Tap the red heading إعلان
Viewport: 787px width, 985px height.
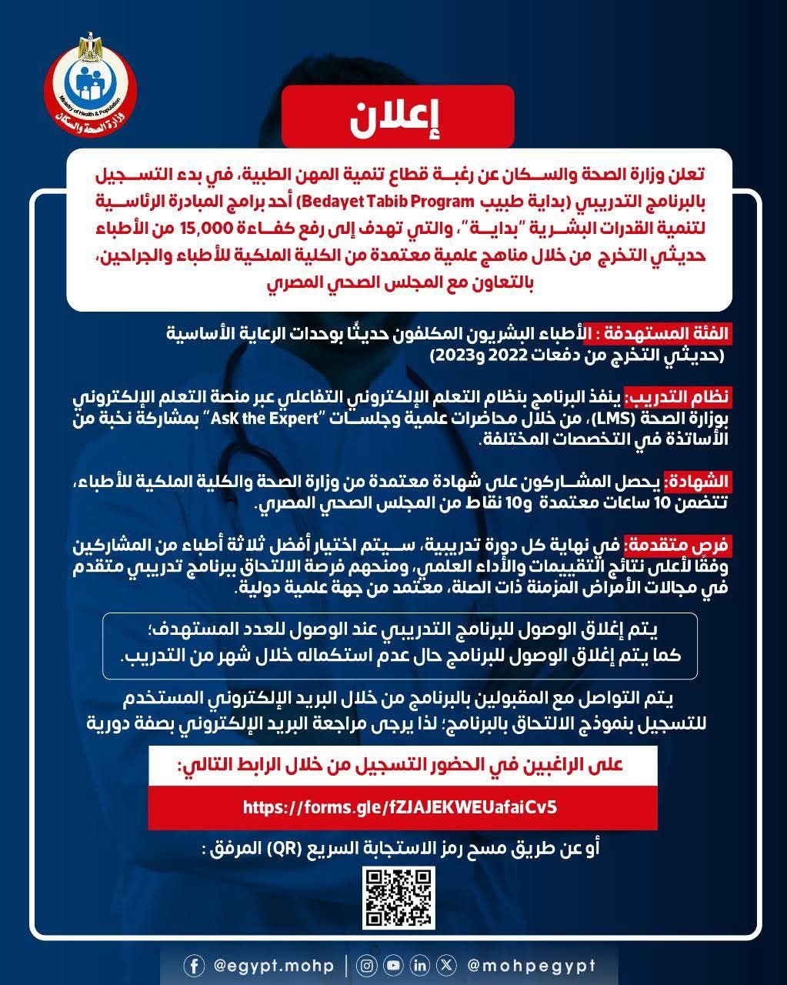tap(397, 117)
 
